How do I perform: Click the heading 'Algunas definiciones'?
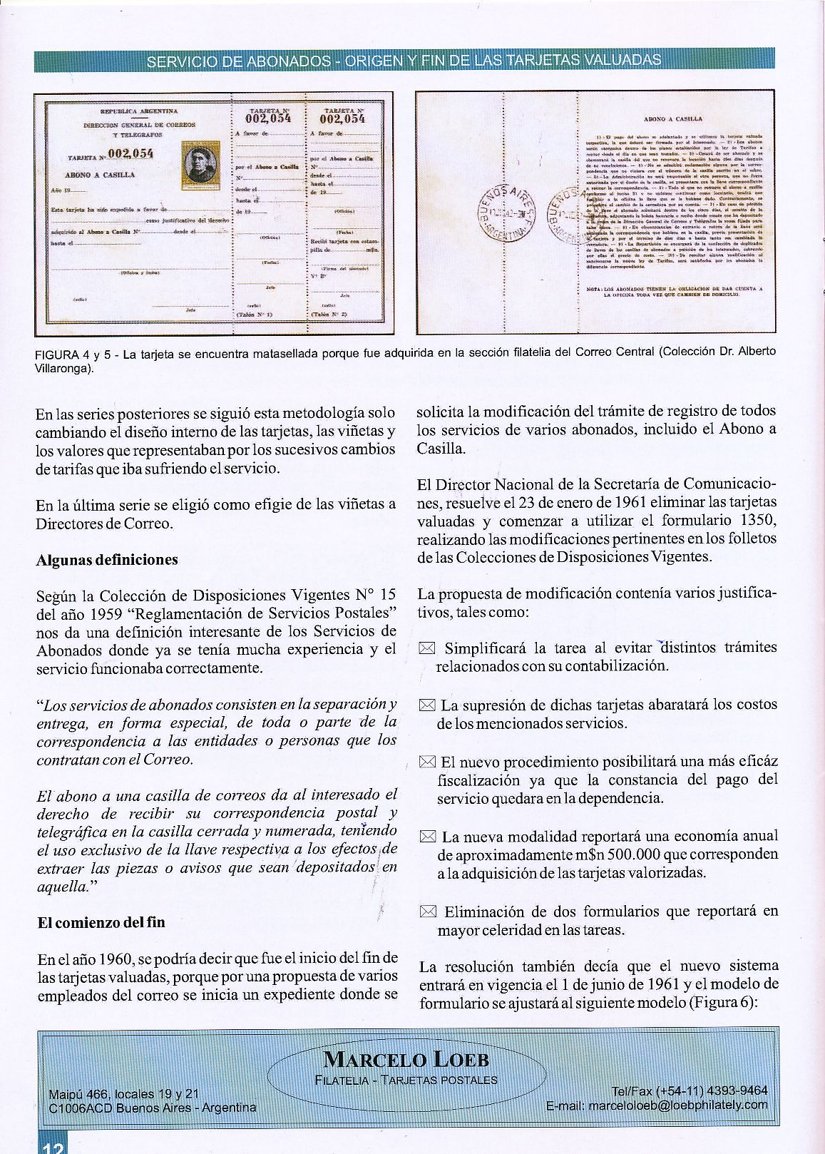(x=107, y=560)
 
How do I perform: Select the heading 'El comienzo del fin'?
(x=101, y=922)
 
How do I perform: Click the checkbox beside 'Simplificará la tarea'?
(x=427, y=649)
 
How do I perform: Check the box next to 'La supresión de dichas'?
(x=427, y=705)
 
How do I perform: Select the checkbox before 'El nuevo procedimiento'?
(x=427, y=762)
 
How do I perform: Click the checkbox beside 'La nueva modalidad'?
(x=427, y=837)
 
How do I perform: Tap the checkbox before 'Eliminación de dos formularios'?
(x=427, y=912)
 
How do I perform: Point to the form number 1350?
(x=758, y=519)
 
